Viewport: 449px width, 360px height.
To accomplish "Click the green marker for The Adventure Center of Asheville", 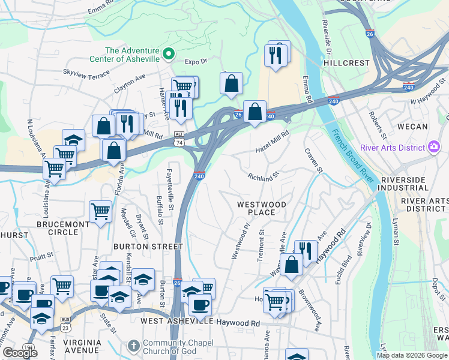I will click(x=169, y=54).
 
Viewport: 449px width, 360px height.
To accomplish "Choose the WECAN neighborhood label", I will click(x=413, y=127).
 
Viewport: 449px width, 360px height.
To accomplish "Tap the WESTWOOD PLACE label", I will click(x=261, y=208).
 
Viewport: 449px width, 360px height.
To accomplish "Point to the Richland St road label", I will click(x=264, y=176).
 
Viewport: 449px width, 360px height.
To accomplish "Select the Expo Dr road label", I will click(x=196, y=61).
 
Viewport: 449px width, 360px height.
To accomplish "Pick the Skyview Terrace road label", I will click(x=86, y=74).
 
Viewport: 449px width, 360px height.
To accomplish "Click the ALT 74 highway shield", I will click(x=179, y=139).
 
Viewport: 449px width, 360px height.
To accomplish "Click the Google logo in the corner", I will click(x=20, y=353).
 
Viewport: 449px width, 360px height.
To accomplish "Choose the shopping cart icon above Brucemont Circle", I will click(x=100, y=211).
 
